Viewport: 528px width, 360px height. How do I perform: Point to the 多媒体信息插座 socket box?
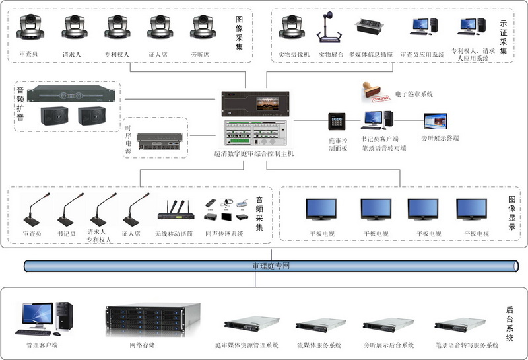[371, 26]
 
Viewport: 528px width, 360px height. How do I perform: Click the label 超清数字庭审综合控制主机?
[253, 153]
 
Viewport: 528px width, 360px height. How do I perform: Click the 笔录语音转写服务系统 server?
[459, 326]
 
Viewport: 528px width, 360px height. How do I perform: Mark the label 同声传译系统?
[224, 234]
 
